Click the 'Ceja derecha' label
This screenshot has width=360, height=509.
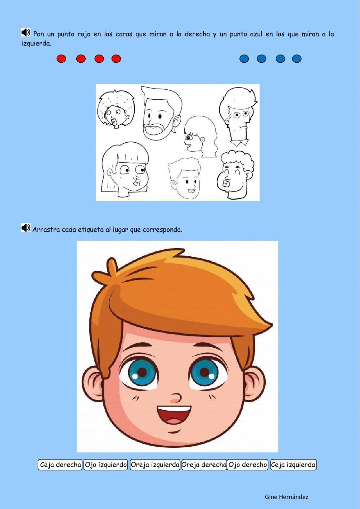60,465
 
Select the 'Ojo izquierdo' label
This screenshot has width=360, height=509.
106,465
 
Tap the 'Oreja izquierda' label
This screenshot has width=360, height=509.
155,465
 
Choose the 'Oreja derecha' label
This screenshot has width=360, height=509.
204,465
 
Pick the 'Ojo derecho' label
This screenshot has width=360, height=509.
248,465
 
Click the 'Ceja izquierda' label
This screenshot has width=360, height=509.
293,465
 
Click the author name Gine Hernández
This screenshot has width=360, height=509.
287,497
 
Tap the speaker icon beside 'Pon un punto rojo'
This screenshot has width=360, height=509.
26,33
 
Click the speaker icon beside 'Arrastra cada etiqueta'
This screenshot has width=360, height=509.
26,228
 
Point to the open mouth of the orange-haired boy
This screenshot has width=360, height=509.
174,415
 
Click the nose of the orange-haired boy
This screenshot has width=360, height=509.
176,398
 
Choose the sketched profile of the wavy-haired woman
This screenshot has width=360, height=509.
200,136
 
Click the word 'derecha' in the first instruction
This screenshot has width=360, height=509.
197,34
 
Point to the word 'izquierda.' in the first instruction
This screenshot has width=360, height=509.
36,44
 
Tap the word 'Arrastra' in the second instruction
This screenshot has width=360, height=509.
46,229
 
